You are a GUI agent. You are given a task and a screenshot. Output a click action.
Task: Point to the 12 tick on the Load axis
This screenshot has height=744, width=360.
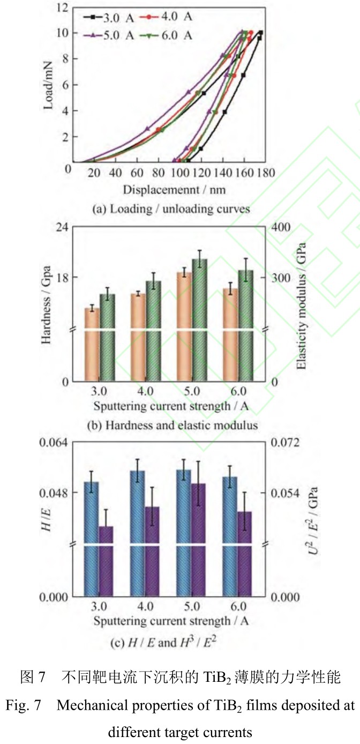(65, 8)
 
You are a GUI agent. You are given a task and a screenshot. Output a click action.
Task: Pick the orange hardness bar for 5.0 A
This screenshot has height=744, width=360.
(184, 327)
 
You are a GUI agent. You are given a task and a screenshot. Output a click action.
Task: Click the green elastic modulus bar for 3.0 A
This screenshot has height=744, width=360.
(107, 338)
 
